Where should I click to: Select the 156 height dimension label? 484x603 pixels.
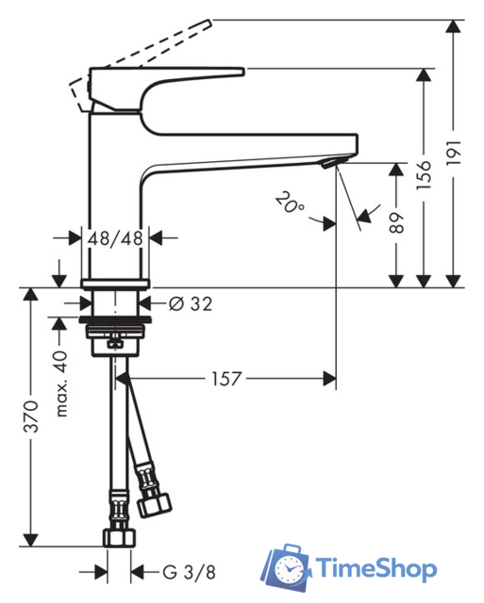tap(424, 175)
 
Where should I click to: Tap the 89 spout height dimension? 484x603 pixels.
tap(396, 222)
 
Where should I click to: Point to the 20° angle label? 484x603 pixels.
tap(290, 202)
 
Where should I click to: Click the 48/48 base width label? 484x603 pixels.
tap(115, 238)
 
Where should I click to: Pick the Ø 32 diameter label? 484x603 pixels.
tap(191, 304)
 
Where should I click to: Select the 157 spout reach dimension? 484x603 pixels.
tap(226, 379)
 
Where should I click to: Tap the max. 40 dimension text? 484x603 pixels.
tap(61, 383)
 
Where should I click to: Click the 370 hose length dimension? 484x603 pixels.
tap(31, 416)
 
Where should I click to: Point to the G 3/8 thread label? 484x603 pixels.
tap(189, 572)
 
